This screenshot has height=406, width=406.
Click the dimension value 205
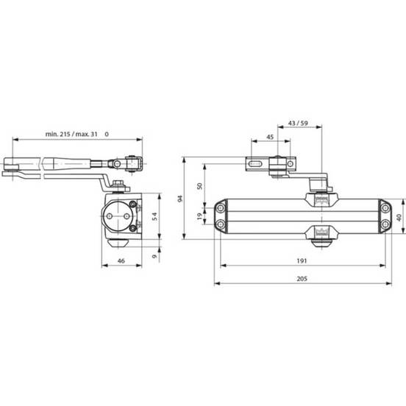pyautogui.click(x=302, y=279)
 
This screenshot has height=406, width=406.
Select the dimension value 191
pyautogui.click(x=302, y=261)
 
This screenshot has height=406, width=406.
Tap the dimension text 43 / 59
pyautogui.click(x=299, y=123)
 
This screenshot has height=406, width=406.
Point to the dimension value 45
pyautogui.click(x=270, y=137)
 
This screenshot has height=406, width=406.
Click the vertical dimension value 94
pyautogui.click(x=180, y=199)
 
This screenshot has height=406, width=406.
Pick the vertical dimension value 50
pyautogui.click(x=199, y=186)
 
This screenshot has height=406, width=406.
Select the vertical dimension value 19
pyautogui.click(x=199, y=216)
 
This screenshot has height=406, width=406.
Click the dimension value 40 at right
pyautogui.click(x=399, y=218)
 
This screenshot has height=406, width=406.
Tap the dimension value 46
pyautogui.click(x=121, y=261)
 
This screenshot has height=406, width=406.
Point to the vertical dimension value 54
pyautogui.click(x=154, y=216)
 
